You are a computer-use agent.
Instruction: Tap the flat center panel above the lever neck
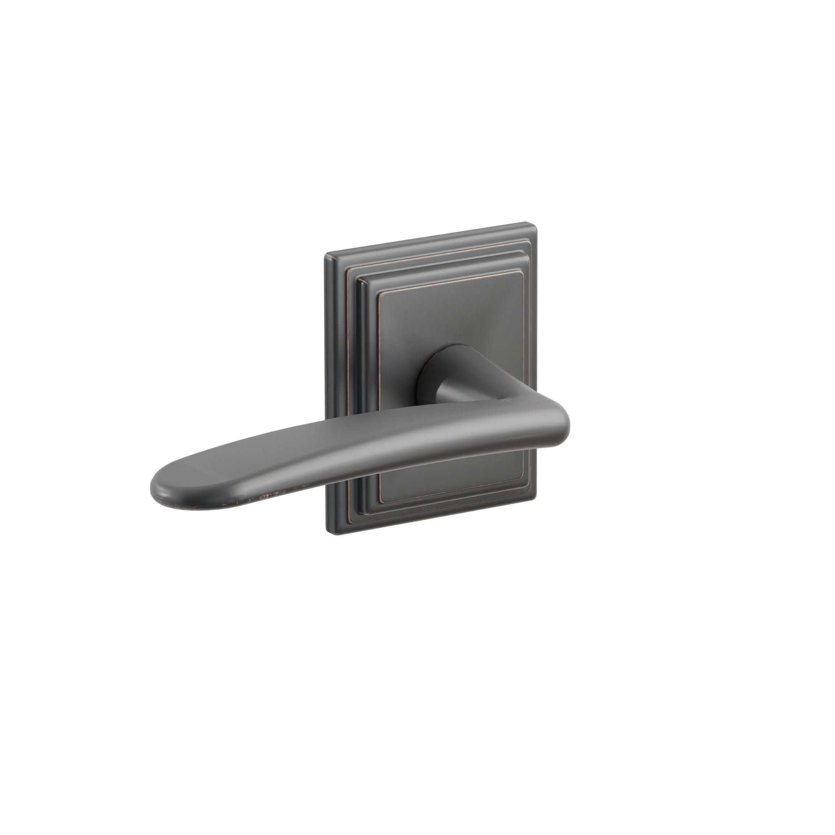[x=445, y=316]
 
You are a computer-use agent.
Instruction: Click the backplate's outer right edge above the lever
[x=536, y=324]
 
